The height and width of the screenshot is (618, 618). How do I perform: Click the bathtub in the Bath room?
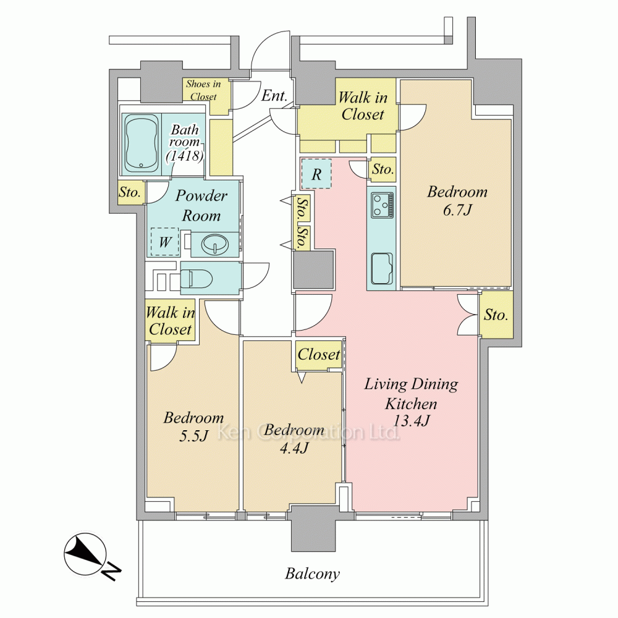pos(142,143)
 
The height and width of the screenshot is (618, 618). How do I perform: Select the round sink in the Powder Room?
pos(215,244)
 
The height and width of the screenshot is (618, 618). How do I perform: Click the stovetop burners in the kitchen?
pos(382,205)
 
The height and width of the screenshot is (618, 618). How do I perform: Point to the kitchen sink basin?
pos(381,268)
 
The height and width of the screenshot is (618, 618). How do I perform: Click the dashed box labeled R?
pos(316,174)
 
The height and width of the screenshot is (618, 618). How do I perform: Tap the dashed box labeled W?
pos(165,242)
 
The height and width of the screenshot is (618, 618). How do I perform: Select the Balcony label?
pos(312,574)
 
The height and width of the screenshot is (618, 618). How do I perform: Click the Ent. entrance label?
pos(274,95)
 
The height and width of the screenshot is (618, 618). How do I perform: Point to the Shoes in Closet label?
pos(203,90)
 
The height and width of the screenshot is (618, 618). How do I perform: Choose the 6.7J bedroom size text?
pos(457,210)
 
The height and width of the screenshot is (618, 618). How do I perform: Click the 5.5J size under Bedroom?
pos(193,436)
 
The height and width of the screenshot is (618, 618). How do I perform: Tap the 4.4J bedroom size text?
pos(294,447)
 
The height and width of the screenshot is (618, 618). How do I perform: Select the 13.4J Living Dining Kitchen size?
pos(412,421)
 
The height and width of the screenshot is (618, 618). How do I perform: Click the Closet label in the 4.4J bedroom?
pos(319,354)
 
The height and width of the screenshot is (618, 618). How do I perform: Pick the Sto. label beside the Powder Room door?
pos(130,192)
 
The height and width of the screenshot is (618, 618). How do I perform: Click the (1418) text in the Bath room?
pos(185,156)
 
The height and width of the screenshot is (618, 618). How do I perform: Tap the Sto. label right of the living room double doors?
pos(496,315)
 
